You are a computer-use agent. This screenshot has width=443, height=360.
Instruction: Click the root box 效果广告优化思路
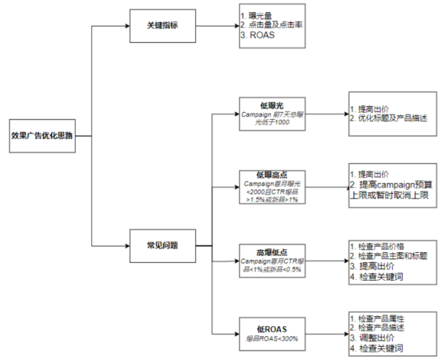tap(43, 135)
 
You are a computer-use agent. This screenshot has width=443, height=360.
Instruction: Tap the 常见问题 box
tap(163, 245)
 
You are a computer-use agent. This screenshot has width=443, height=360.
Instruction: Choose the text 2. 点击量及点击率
tap(271, 25)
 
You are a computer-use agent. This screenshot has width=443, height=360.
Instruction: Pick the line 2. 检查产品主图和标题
tap(388, 256)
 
